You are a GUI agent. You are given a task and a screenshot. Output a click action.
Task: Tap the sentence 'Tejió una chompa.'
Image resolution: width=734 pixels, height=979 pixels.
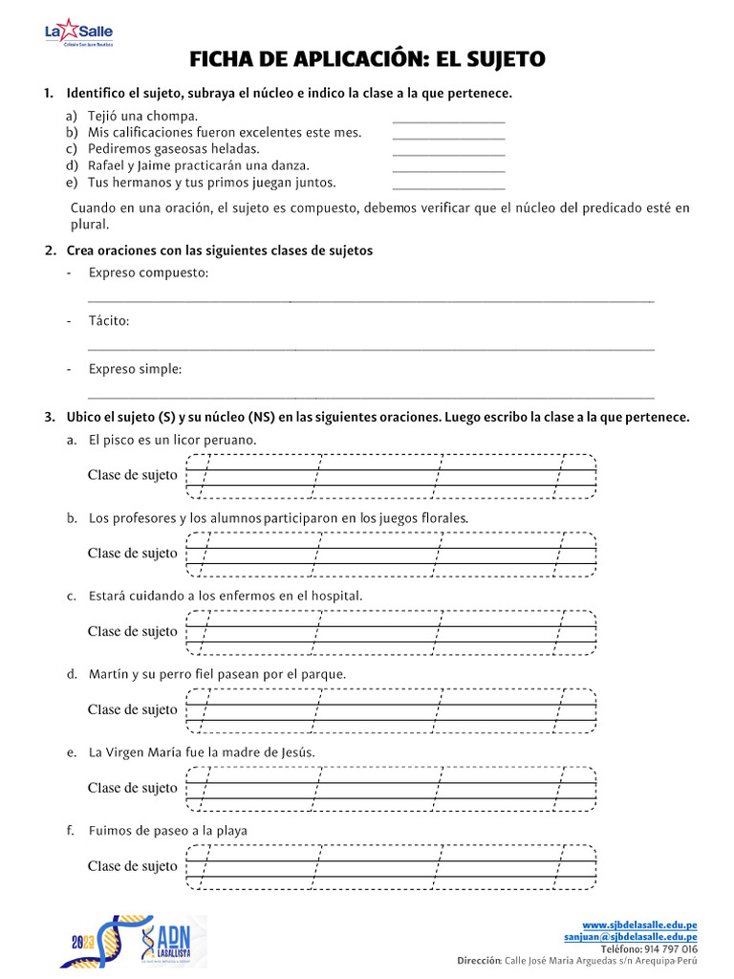coord(142,117)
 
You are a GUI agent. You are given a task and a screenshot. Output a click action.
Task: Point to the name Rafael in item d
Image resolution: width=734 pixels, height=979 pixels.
coord(110,165)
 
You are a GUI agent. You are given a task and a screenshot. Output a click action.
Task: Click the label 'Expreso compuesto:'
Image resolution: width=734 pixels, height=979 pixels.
coord(148,273)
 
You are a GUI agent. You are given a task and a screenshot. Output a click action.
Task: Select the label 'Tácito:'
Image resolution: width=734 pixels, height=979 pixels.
coord(108,321)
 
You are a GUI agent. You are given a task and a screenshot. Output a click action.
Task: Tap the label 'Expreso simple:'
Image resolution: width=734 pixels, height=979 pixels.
coord(135,369)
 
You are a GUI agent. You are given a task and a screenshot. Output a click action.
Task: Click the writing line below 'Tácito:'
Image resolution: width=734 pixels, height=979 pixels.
coord(371,349)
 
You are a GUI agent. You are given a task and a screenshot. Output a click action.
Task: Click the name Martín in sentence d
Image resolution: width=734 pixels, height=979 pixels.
coord(109,675)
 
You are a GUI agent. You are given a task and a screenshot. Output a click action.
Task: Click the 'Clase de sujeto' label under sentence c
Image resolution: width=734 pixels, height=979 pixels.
coord(133,632)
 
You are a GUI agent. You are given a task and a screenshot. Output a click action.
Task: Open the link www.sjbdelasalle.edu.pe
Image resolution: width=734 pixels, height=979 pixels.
coord(638,925)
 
